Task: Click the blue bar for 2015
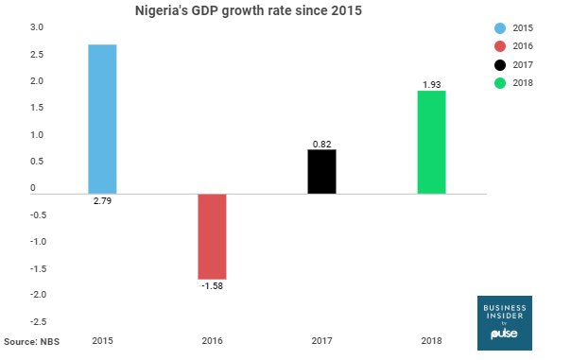click(102, 119)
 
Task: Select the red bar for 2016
click(212, 236)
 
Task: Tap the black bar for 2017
click(322, 172)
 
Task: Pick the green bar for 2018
click(431, 143)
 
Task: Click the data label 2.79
click(102, 202)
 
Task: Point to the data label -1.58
click(212, 287)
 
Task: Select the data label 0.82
click(322, 144)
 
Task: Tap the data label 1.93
click(431, 85)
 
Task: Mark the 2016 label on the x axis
click(212, 340)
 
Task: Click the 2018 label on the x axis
click(431, 340)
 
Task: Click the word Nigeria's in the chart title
click(168, 11)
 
